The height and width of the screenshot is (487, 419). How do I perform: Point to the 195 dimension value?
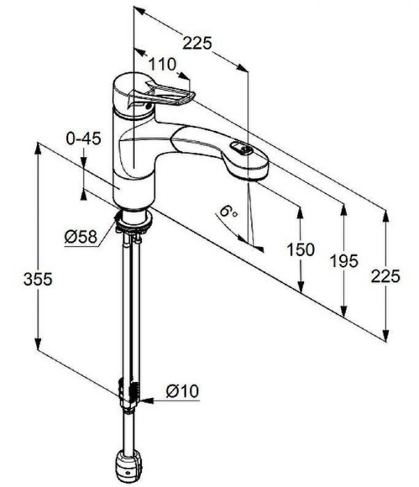tap(345, 261)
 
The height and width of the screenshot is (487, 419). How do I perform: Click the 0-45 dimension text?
tap(84, 138)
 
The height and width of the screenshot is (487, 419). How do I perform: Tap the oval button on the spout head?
tap(242, 148)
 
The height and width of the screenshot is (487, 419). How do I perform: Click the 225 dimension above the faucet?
tap(196, 43)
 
